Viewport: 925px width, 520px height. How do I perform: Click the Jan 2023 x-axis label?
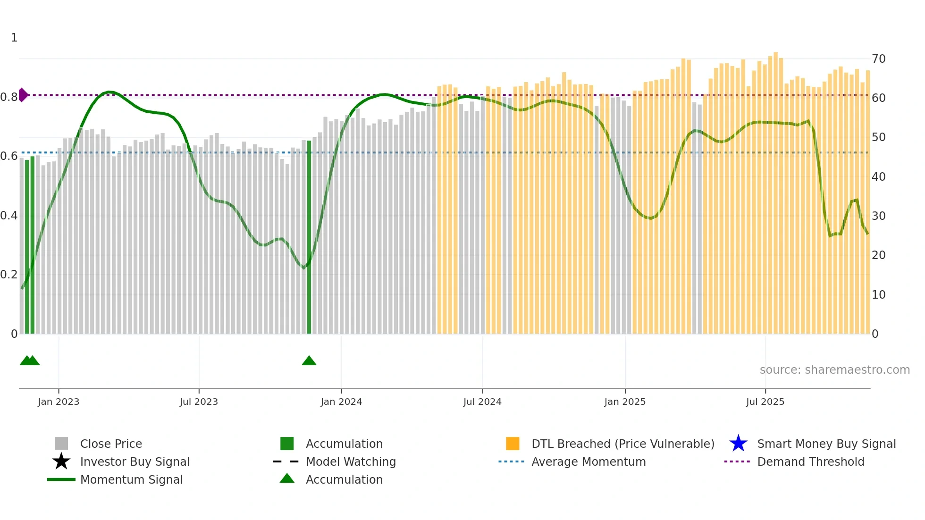(59, 402)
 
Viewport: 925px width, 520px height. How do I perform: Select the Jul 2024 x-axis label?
(482, 402)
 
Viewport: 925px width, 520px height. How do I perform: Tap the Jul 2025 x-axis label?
(765, 402)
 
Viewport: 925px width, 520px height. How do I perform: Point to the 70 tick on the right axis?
(878, 59)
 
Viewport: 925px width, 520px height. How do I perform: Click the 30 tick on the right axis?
(878, 216)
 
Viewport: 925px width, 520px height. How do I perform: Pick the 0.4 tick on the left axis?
(9, 216)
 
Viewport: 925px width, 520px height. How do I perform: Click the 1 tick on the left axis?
(14, 38)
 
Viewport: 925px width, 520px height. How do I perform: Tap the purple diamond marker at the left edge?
(23, 95)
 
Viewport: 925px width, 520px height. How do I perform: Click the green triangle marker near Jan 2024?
(309, 361)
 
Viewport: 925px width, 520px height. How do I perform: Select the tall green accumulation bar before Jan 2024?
(309, 236)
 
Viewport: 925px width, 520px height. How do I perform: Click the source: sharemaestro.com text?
(834, 370)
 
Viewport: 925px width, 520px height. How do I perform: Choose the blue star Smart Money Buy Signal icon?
(738, 444)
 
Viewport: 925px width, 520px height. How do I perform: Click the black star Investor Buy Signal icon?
(61, 461)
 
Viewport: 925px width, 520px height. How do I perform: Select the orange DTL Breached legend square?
(513, 444)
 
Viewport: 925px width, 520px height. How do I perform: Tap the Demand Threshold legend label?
(810, 461)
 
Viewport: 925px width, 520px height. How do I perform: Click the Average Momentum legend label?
(588, 461)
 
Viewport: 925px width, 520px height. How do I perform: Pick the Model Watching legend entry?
(350, 461)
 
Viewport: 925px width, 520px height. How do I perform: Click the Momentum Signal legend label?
(131, 479)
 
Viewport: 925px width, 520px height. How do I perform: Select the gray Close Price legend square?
(61, 444)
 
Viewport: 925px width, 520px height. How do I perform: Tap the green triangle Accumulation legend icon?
(287, 478)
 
